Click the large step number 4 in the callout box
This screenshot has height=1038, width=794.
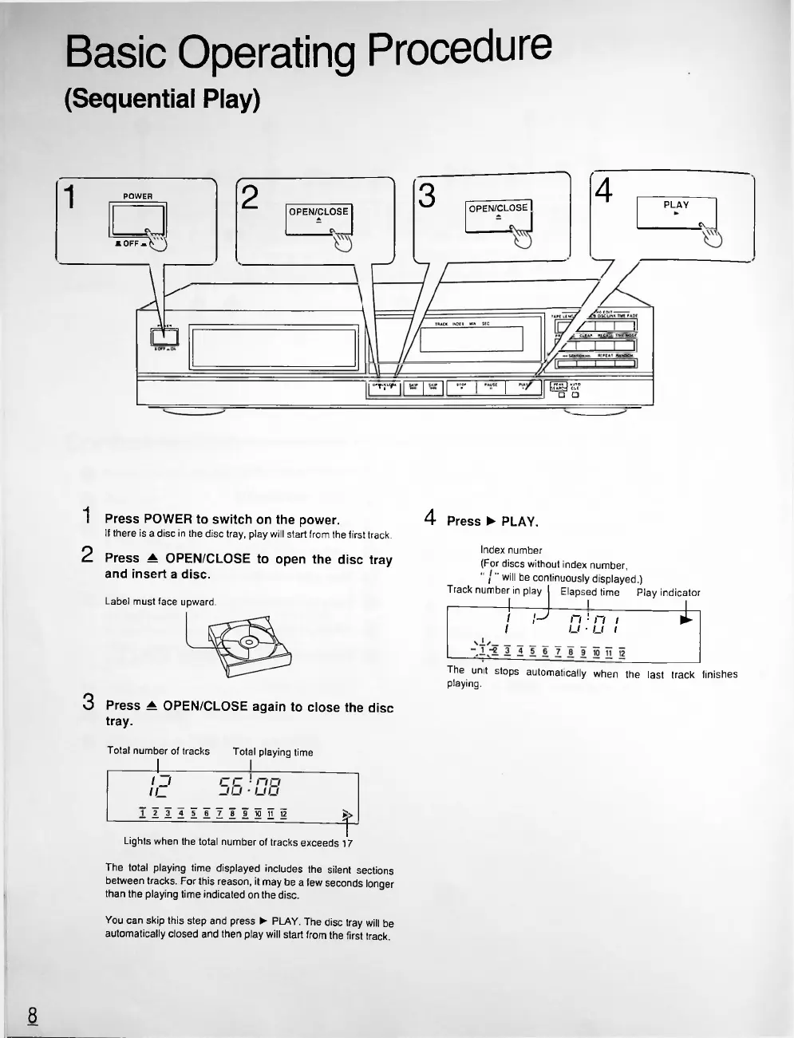604,191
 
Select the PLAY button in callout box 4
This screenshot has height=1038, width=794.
676,213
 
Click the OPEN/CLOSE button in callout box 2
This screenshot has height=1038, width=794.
318,217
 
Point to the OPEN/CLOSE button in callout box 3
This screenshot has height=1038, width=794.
498,214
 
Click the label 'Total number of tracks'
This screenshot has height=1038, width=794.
158,751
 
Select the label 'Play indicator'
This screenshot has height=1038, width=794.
668,593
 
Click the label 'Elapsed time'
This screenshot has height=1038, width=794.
590,592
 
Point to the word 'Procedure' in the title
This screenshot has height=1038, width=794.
456,49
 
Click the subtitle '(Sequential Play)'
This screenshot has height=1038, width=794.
162,99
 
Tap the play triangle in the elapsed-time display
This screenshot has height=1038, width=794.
685,619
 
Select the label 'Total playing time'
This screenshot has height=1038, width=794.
272,752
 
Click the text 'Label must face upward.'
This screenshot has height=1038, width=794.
160,602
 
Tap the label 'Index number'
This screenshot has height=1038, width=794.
511,550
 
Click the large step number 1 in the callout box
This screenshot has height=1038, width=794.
70,196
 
